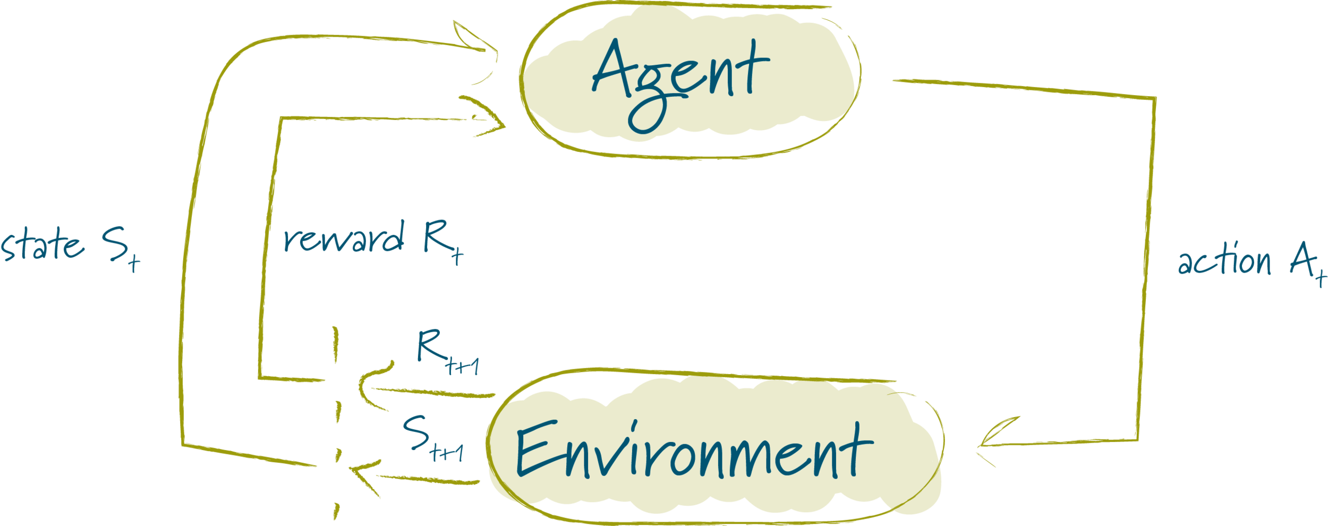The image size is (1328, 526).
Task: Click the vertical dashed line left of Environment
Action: pos(336,425)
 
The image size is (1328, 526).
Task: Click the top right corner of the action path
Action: pos(1154,99)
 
